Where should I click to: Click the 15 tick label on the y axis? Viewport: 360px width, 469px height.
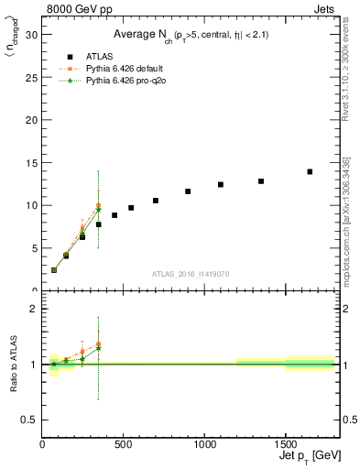point(33,162)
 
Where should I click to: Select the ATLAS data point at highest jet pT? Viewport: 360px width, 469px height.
point(310,171)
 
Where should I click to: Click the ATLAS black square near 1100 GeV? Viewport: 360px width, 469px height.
point(221,184)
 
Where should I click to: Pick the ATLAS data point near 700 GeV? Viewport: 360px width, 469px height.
point(156,201)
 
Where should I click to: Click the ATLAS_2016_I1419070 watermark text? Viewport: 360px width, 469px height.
point(191,274)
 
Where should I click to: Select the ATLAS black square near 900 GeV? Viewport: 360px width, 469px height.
point(188,191)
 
